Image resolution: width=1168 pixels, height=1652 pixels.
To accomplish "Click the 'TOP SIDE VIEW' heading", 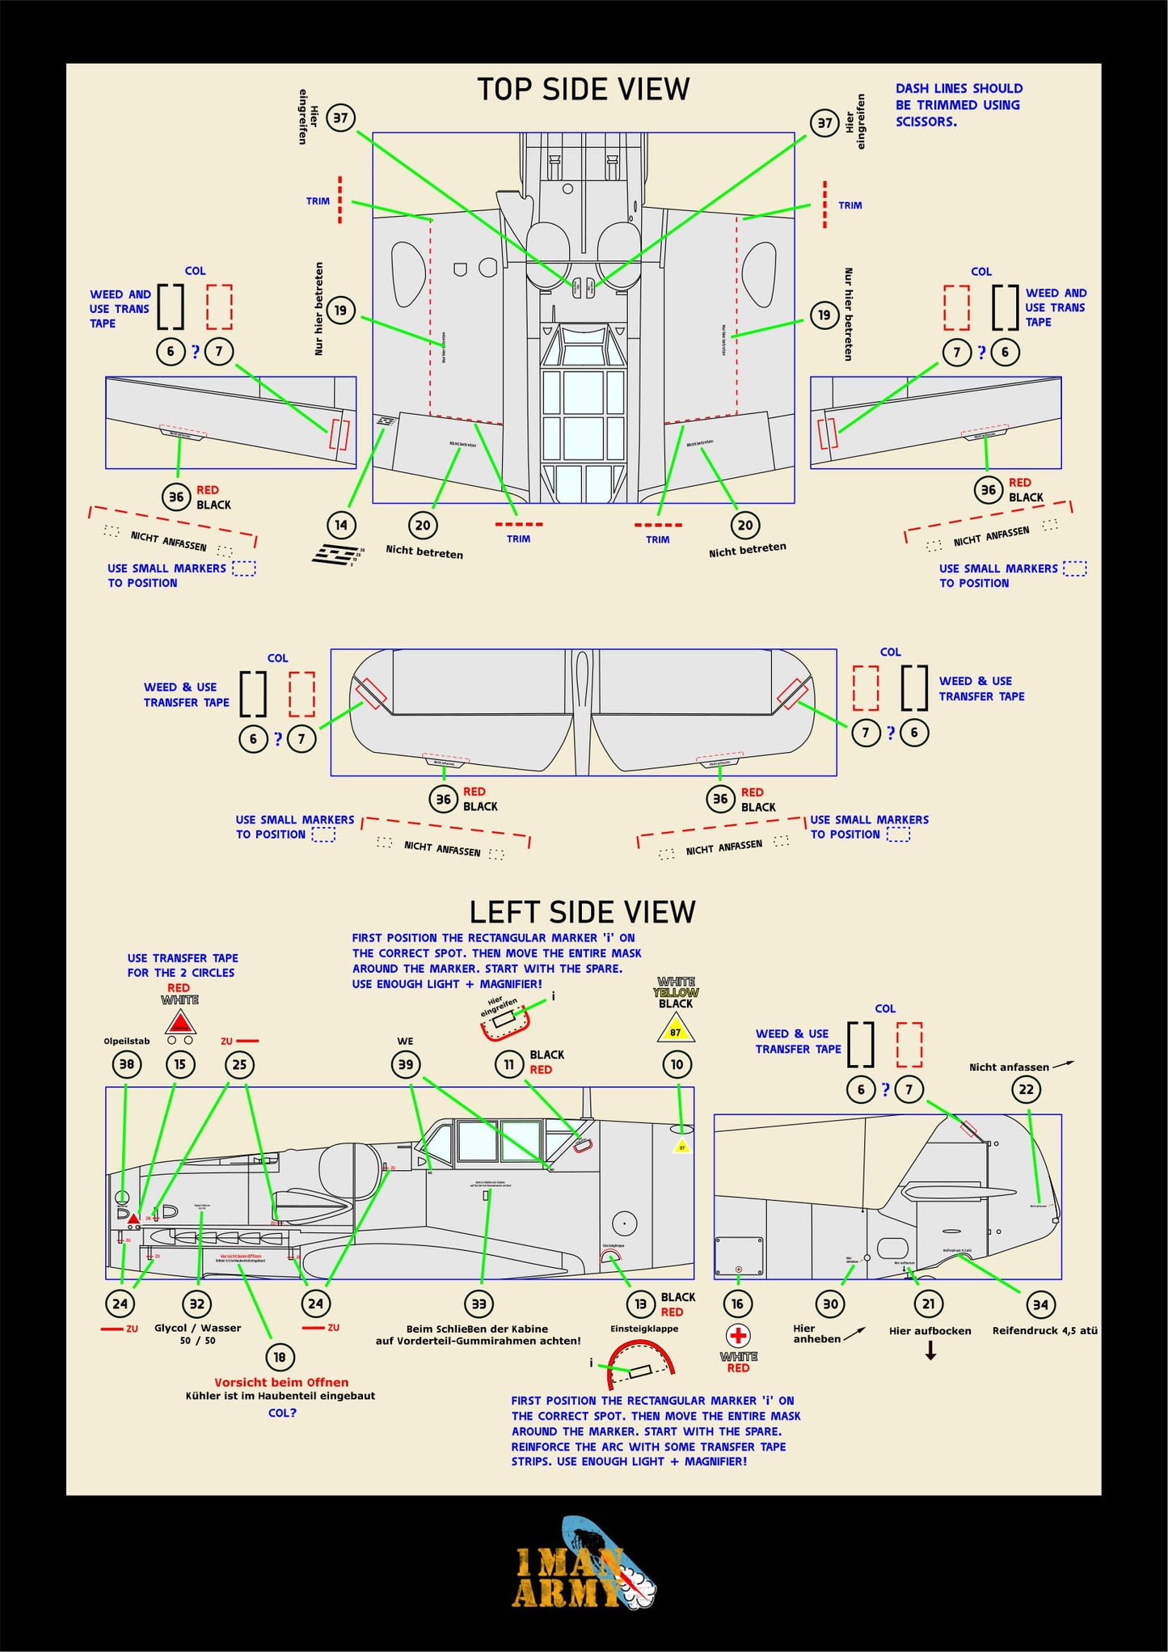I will coord(583,89).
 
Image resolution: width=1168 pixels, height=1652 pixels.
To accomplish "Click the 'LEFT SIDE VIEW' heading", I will coord(582,912).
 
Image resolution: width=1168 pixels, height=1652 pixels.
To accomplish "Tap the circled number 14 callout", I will coord(341,525).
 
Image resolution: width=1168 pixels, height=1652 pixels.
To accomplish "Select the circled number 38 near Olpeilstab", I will coord(127,1064).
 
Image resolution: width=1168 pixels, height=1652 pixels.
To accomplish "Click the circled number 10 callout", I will coord(677,1064).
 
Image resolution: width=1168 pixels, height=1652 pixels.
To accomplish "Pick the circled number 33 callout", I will coord(479,1303).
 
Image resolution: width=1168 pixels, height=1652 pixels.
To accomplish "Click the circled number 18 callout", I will coord(280,1357).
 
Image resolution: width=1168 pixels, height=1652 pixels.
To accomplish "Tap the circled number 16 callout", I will coord(737,1303).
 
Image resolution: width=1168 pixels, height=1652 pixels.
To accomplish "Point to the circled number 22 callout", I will coord(1027,1089).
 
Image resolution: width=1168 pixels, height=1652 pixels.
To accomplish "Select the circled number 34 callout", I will coord(1040,1303).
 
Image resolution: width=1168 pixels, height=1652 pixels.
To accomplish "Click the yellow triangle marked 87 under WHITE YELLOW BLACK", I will coord(676,1030).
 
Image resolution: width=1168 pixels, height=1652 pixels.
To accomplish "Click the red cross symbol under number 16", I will coord(738,1335).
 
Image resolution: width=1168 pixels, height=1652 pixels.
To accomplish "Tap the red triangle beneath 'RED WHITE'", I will coord(180,1023).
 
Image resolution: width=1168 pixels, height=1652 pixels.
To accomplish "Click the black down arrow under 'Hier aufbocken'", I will coord(930,1350).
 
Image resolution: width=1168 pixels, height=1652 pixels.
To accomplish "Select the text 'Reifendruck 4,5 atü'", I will coord(1044,1330).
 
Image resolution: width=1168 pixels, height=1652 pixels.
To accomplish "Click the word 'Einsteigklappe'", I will coord(644,1329).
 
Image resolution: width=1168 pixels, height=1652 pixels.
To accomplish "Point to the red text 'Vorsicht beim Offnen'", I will coord(281,1382).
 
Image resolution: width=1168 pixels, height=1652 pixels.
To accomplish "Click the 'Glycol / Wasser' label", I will coord(198,1328).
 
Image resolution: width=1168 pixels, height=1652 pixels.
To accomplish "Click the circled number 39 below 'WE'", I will coord(406,1064).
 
